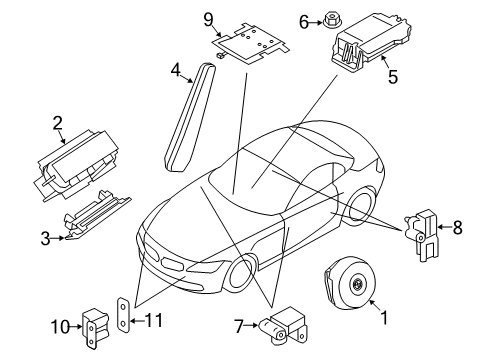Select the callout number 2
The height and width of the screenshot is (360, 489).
(x=57, y=124)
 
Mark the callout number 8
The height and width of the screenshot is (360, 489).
(x=458, y=228)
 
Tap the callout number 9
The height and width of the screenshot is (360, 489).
(x=209, y=18)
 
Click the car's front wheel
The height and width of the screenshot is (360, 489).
(x=244, y=278)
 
